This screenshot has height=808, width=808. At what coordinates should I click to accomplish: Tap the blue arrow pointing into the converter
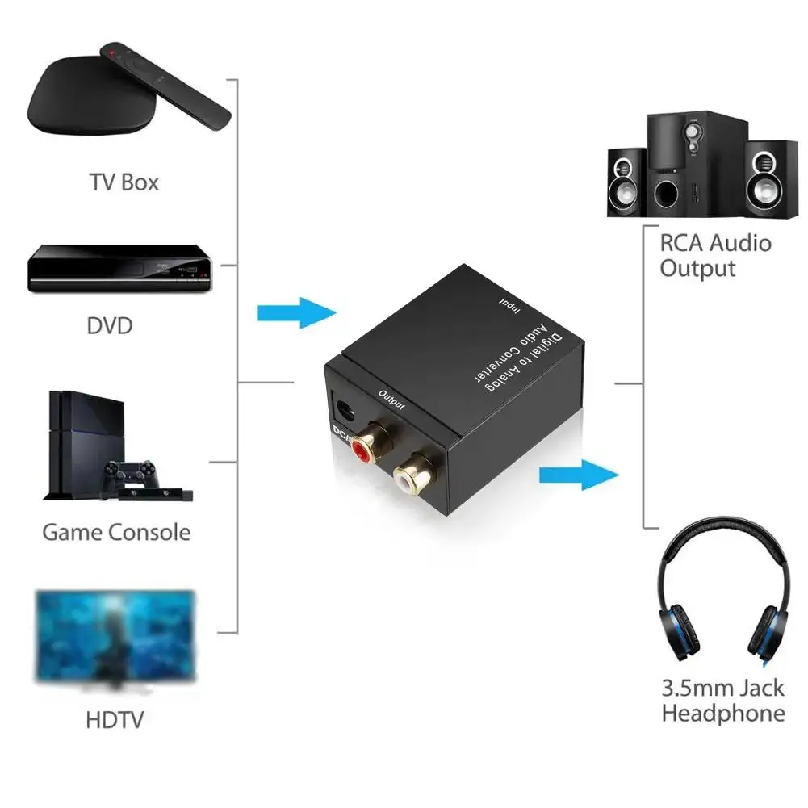(x=295, y=312)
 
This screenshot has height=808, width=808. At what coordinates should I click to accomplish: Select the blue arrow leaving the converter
(x=578, y=474)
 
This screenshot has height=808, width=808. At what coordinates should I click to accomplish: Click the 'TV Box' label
(x=124, y=182)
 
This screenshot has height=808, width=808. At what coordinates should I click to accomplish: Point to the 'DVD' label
(x=109, y=326)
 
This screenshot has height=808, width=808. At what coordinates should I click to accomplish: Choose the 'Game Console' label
(x=116, y=533)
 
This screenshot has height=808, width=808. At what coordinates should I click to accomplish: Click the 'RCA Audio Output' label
(x=715, y=255)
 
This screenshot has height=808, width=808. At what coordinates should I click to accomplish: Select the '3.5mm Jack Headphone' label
(x=722, y=700)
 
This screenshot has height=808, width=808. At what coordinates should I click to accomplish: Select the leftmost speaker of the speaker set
(x=626, y=182)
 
